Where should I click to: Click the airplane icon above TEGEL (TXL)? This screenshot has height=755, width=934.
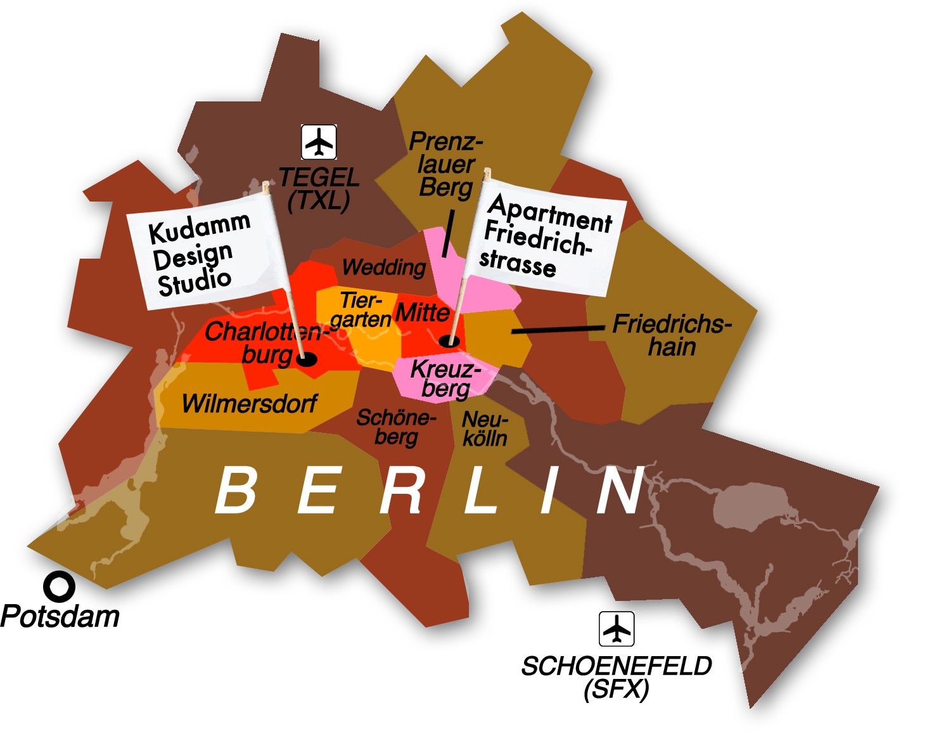(319, 142)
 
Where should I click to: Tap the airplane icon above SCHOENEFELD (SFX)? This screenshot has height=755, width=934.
(617, 629)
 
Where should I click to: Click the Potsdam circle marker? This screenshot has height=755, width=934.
(59, 587)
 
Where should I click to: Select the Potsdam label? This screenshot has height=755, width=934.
(60, 617)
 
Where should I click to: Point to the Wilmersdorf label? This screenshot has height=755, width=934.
(249, 404)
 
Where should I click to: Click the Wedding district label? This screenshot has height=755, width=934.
(384, 268)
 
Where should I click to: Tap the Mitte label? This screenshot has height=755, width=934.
(422, 313)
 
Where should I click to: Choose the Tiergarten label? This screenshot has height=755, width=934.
(360, 309)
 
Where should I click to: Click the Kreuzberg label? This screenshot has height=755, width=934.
(445, 378)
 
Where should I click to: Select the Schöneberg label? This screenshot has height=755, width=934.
(396, 427)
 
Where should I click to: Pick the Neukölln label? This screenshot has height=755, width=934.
(485, 429)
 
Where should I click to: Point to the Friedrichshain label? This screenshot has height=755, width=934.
(672, 335)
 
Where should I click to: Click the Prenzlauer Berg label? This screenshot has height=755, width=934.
(446, 164)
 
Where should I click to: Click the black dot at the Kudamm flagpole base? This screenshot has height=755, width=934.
(307, 359)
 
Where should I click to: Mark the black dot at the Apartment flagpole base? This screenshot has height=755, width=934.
(450, 341)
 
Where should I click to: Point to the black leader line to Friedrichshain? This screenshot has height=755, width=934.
(558, 330)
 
